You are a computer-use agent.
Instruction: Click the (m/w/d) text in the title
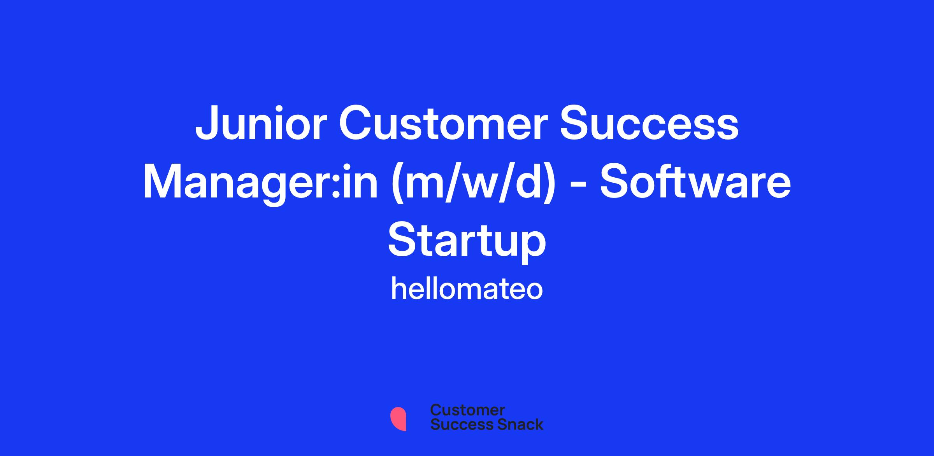pos(472,183)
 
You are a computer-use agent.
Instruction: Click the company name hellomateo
pos(467,289)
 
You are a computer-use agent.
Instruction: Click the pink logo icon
pos(398,419)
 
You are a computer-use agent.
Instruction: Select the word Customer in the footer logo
pos(467,411)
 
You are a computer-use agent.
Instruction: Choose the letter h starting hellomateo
pos(400,288)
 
